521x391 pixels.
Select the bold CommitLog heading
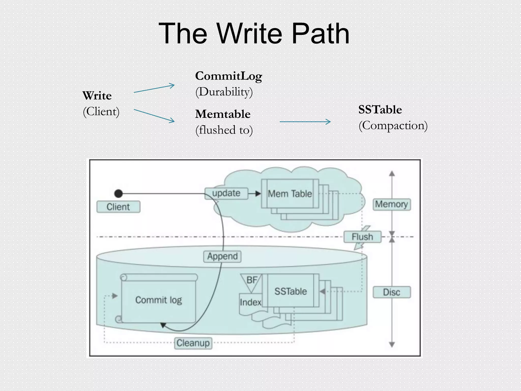(x=228, y=76)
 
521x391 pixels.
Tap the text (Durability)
(x=224, y=92)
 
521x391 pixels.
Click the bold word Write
(x=97, y=96)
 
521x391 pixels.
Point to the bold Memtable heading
(x=223, y=114)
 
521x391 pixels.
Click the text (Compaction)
(x=393, y=125)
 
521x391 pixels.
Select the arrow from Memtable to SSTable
(x=305, y=122)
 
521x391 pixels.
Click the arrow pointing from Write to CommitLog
(x=154, y=88)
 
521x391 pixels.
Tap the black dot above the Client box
(x=118, y=193)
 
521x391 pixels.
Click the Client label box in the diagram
(x=118, y=207)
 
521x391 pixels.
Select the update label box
(x=226, y=193)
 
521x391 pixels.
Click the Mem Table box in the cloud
(x=290, y=194)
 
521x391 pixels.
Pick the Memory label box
(x=392, y=204)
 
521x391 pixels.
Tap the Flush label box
(x=362, y=237)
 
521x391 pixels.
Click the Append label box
(x=222, y=256)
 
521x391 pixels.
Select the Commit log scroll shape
(x=158, y=300)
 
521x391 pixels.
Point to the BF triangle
(x=251, y=281)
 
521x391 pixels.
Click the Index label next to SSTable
(x=250, y=302)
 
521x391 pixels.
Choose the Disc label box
(x=392, y=292)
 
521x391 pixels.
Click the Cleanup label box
(x=193, y=343)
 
